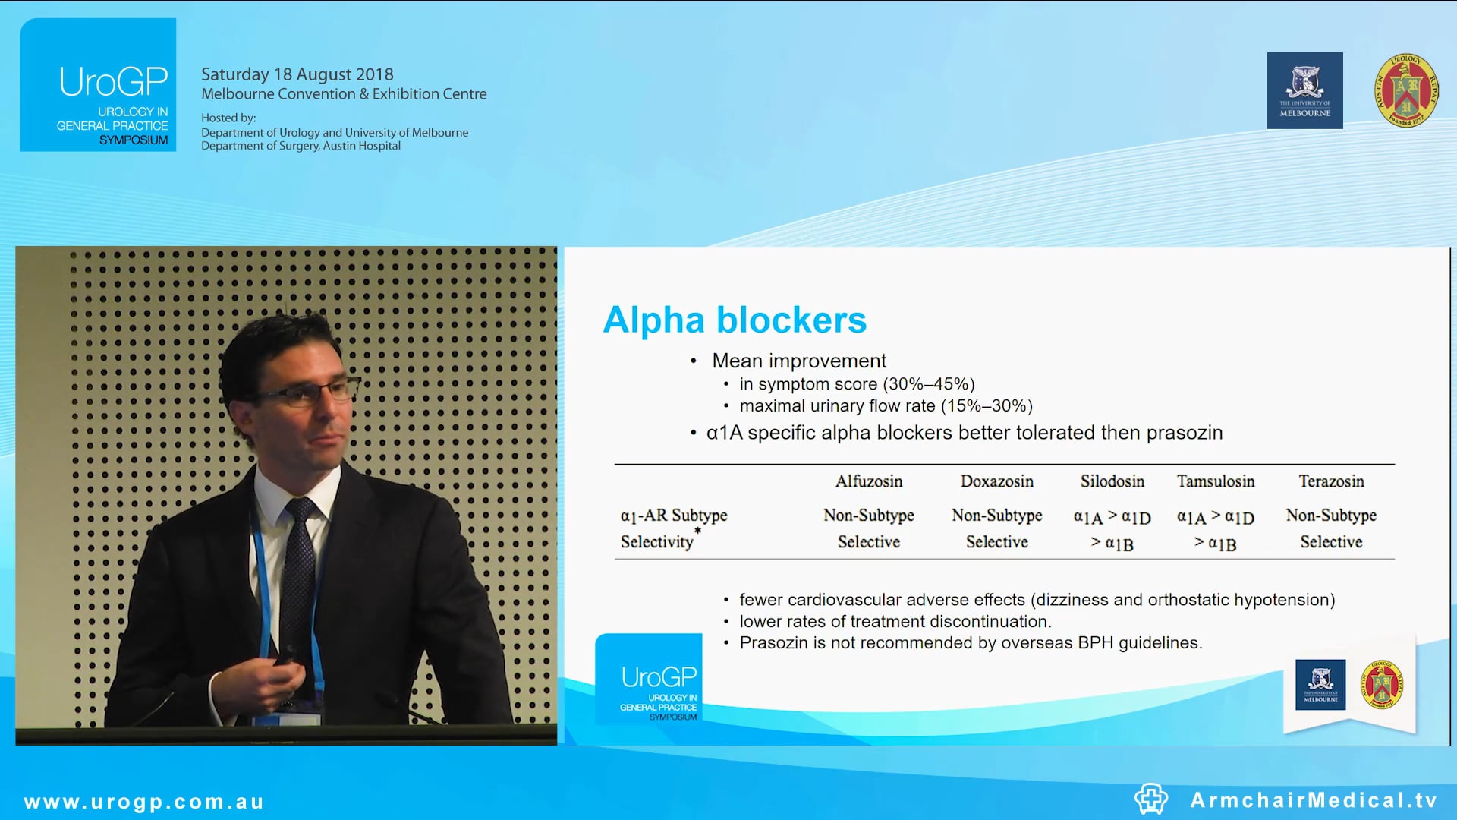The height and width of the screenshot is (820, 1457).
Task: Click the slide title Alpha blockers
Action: (734, 320)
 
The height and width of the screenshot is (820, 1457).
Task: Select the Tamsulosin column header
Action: (1216, 481)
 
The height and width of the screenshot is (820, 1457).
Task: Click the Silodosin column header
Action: (1112, 481)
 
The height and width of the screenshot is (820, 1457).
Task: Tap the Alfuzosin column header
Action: (869, 481)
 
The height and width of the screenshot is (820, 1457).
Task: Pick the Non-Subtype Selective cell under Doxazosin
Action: (996, 528)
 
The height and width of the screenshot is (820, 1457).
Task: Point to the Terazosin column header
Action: (1331, 481)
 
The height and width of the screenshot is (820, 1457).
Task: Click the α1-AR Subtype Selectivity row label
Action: (673, 528)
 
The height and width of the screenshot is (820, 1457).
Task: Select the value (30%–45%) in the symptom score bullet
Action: (928, 384)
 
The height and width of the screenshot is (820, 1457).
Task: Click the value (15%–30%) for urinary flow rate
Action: (987, 406)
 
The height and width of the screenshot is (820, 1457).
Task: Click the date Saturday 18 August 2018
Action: (297, 74)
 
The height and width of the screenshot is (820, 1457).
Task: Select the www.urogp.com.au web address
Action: (144, 802)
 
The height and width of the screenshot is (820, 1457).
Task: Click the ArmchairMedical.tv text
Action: (1314, 800)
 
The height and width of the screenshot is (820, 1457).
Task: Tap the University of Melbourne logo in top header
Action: (1304, 90)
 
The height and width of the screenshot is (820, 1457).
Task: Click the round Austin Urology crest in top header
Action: (1405, 90)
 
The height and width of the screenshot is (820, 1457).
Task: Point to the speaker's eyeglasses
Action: (311, 393)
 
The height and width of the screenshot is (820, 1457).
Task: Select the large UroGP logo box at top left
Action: (98, 85)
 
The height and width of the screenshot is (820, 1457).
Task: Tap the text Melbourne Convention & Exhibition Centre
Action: (344, 94)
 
